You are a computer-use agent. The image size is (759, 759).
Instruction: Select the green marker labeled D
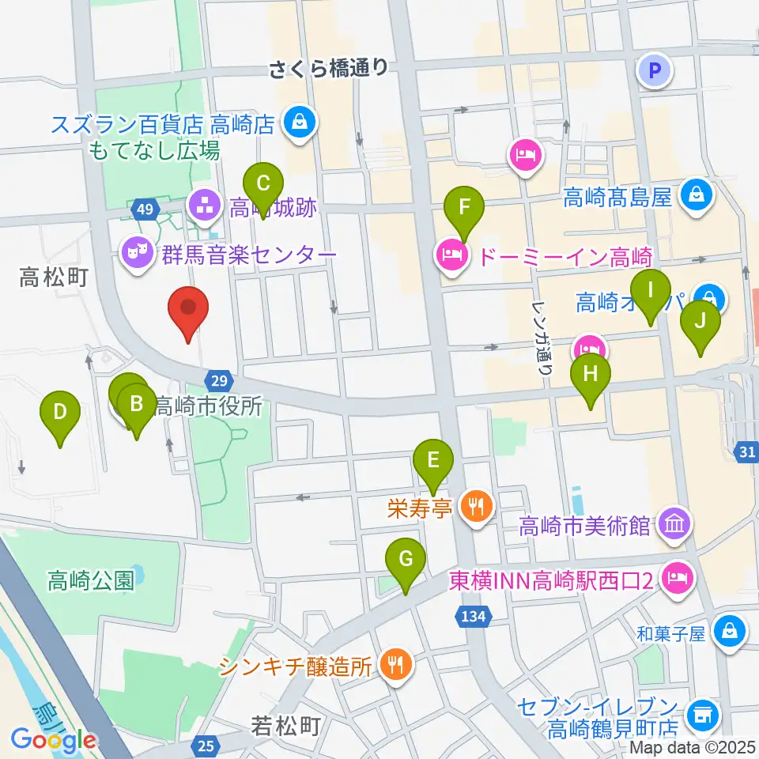(x=61, y=412)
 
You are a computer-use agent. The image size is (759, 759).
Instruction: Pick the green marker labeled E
(x=432, y=460)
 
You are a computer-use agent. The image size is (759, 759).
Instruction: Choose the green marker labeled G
(x=405, y=560)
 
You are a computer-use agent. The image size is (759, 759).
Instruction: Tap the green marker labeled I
(x=650, y=290)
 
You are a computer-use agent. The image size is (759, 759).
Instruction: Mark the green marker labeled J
(x=700, y=321)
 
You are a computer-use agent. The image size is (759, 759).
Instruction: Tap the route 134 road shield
(x=474, y=614)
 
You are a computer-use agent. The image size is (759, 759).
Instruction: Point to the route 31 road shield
(x=749, y=450)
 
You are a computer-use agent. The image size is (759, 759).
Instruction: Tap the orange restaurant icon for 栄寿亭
(x=476, y=506)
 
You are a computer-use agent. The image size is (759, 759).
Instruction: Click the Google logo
(x=54, y=740)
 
